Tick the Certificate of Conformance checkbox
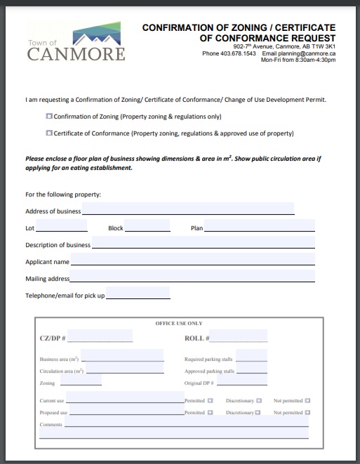(49, 133)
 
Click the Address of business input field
(188, 209)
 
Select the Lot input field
(61, 227)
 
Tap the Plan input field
(260, 227)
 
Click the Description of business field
(204, 244)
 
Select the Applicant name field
(193, 261)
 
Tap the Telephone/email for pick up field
(138, 294)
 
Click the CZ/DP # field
(100, 337)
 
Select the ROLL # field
(238, 337)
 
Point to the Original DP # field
(242, 382)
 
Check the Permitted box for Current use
(210, 400)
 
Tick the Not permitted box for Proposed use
(307, 412)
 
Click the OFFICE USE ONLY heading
(178, 324)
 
